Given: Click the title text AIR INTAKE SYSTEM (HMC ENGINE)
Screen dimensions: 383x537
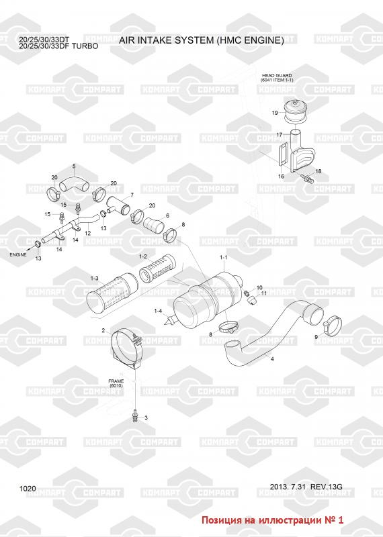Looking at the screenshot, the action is tap(202, 40).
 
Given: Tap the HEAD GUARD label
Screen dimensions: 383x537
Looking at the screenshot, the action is tap(277, 75).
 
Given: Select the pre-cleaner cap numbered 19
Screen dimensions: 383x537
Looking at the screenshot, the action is tap(296, 111).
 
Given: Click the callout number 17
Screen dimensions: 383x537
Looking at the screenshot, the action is tap(280, 135).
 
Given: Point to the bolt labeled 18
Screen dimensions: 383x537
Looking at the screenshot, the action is tap(306, 178).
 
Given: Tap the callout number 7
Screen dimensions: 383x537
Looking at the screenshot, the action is tap(132, 195).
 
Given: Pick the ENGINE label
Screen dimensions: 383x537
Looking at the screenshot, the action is tap(18, 254).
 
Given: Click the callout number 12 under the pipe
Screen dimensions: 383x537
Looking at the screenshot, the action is tap(88, 233).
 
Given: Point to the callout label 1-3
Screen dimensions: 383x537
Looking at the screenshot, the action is tap(94, 279).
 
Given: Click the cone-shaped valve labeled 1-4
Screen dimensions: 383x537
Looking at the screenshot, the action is tap(171, 321).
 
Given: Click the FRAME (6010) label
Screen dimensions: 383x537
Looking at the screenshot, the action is tap(116, 383).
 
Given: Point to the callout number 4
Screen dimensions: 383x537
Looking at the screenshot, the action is tap(272, 359).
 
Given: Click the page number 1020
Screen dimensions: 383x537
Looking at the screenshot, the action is tap(28, 489).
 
